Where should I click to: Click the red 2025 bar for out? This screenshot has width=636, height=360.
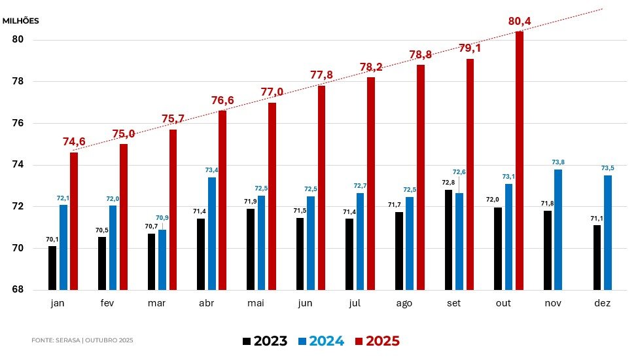[520, 160]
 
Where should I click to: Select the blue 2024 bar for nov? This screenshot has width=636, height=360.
[558, 229]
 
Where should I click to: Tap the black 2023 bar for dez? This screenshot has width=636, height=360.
[597, 257]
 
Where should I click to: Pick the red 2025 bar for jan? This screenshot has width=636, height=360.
[74, 221]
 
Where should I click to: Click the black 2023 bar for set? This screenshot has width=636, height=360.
[448, 240]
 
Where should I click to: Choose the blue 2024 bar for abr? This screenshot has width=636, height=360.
[211, 233]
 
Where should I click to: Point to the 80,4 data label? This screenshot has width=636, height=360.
[520, 22]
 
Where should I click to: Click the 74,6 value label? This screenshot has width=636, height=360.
[74, 142]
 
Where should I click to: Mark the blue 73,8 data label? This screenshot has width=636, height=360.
[558, 162]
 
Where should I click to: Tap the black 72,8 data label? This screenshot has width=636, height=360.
[448, 183]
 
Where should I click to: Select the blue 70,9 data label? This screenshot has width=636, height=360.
[162, 217]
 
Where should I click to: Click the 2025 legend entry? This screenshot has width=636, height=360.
[377, 341]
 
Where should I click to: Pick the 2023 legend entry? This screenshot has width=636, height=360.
[265, 341]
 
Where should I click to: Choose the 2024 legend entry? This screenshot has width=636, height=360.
[321, 341]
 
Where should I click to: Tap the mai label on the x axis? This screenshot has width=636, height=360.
[256, 304]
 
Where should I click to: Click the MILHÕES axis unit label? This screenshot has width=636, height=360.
[21, 20]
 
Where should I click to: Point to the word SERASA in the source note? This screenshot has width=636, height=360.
[67, 340]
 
